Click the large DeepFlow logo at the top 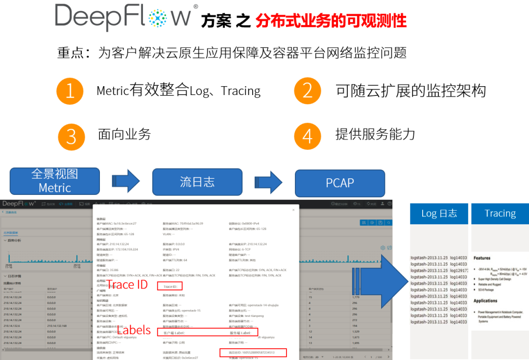point(126,16)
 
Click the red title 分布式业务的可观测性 point(331,21)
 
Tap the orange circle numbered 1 point(70,91)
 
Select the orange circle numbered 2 point(307,91)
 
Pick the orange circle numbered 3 point(71,137)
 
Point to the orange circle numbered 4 point(307,136)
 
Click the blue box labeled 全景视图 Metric point(55,181)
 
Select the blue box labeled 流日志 point(197,182)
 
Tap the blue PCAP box point(340,183)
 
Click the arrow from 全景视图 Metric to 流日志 point(126,182)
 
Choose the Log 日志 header point(439,214)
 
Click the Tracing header point(500,214)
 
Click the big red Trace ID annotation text point(126,285)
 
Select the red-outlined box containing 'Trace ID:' point(170,286)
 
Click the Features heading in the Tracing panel point(482,258)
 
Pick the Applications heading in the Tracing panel point(485,301)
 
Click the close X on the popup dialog point(293,210)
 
